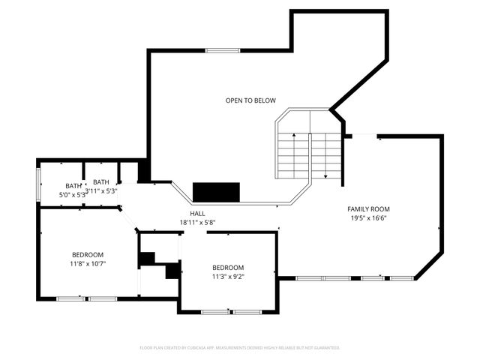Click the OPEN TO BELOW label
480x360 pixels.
[250, 100]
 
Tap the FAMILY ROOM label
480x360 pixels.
[368, 208]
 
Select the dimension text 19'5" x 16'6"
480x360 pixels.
[368, 218]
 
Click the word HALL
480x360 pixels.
[197, 214]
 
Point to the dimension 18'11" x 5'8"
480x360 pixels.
[197, 223]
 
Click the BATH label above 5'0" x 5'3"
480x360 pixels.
[73, 186]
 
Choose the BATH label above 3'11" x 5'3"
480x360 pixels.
[101, 181]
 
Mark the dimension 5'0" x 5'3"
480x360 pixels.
[73, 195]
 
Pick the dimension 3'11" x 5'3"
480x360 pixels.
[101, 190]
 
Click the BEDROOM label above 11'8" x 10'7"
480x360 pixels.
[88, 255]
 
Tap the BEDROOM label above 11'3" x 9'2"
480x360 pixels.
[228, 268]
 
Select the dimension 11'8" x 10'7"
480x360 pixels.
[88, 264]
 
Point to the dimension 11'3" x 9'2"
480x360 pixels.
[228, 276]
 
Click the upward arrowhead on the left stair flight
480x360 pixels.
[294, 136]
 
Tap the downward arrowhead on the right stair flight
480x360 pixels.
[326, 176]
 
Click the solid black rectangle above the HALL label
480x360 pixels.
[216, 192]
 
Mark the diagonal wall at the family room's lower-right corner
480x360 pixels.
[427, 265]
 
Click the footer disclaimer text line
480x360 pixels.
[240, 348]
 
